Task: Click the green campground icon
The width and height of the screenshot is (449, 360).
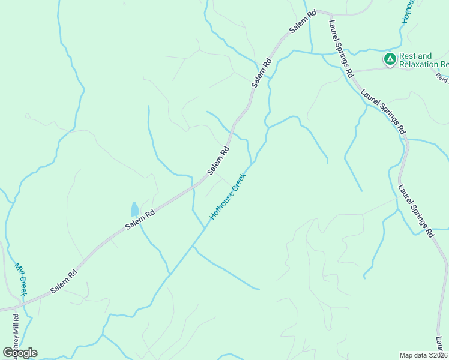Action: (390, 59)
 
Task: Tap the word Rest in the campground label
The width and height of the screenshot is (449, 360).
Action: (408, 56)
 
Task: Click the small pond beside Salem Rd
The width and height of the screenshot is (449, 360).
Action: (134, 209)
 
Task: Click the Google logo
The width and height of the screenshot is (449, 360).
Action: (20, 353)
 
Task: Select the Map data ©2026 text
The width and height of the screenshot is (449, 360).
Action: (424, 355)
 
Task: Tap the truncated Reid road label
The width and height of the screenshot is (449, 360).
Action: (442, 78)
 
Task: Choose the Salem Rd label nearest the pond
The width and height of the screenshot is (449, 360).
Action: (140, 219)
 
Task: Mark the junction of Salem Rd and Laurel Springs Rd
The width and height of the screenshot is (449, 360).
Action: (328, 12)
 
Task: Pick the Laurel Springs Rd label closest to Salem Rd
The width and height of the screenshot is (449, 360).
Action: (340, 49)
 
